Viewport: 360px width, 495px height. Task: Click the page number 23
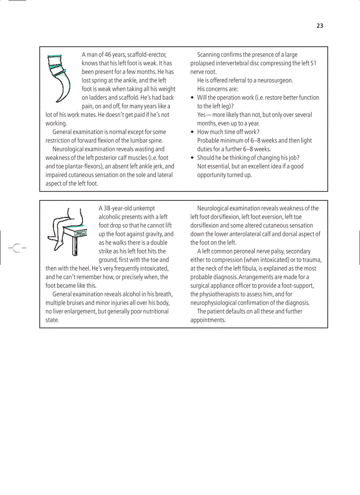(320, 26)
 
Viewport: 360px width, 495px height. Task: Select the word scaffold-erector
(146, 55)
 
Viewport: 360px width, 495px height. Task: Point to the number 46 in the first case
(109, 55)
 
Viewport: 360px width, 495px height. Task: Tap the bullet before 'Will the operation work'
(192, 98)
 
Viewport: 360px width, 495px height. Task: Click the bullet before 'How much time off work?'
(192, 132)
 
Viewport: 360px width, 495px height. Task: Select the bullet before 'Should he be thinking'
(192, 158)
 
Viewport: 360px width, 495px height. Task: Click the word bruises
(76, 303)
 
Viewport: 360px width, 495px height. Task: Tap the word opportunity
(213, 175)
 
